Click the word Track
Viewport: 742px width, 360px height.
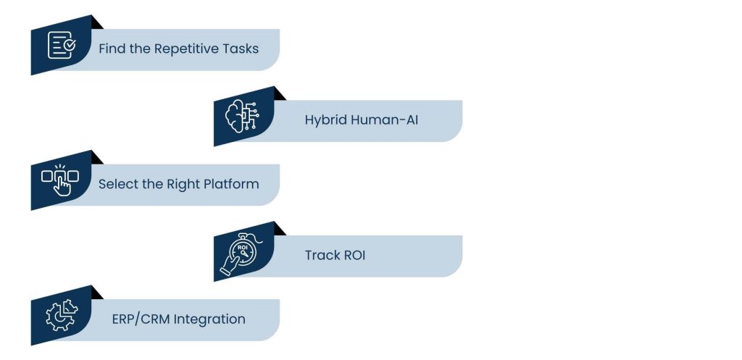pyautogui.click(x=320, y=255)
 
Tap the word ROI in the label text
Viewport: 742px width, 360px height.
pyautogui.click(x=353, y=255)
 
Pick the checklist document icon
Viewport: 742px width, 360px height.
pyautogui.click(x=62, y=45)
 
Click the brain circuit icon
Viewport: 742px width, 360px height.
pyautogui.click(x=243, y=116)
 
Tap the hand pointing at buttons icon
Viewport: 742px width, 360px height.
pyautogui.click(x=61, y=180)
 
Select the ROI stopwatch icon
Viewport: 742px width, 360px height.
pyautogui.click(x=243, y=251)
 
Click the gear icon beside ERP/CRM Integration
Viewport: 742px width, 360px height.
pyautogui.click(x=61, y=314)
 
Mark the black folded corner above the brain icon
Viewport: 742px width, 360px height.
pyautogui.click(x=280, y=93)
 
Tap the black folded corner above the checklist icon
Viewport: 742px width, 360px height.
pyautogui.click(x=97, y=22)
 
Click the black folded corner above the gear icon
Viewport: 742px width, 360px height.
pyautogui.click(x=97, y=293)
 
